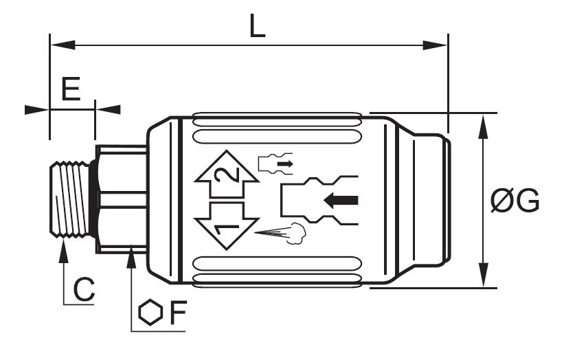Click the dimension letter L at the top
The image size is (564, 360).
point(258,26)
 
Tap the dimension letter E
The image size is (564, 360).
point(71,89)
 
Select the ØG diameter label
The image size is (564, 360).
point(515,201)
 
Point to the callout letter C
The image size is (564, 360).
point(84,289)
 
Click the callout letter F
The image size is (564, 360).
point(178,312)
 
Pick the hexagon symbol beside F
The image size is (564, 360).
point(150,313)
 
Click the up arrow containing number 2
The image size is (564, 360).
point(227,174)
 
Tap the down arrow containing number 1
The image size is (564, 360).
point(227,226)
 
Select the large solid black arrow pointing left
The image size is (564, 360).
point(341,201)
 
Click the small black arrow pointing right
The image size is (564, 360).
point(285,164)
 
